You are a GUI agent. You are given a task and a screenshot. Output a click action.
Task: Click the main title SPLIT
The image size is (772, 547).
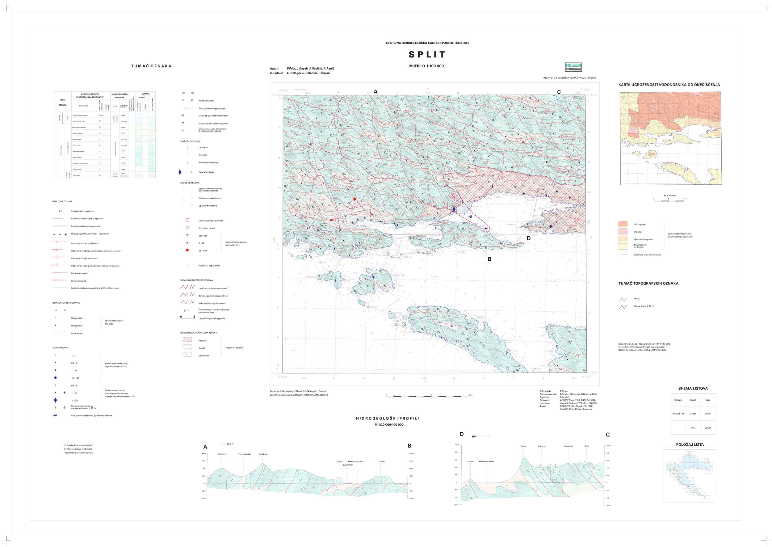[427, 55]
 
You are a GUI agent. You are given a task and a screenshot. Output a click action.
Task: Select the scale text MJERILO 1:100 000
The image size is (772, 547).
[426, 66]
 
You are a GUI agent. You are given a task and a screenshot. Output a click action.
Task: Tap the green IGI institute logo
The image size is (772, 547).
[573, 67]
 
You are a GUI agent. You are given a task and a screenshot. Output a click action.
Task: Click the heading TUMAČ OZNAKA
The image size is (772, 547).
[151, 66]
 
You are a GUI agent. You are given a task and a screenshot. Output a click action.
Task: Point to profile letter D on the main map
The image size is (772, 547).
[528, 238]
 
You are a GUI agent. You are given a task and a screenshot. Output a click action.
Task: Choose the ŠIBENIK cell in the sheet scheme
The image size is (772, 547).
[678, 400]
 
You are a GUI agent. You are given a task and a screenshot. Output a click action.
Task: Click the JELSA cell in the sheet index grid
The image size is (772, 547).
[708, 428]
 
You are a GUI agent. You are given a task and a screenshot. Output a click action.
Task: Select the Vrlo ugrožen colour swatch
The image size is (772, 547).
[623, 224]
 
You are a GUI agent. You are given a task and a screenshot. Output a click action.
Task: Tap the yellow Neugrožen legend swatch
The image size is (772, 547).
[623, 246]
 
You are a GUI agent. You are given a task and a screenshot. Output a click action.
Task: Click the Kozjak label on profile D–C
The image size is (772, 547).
[523, 446]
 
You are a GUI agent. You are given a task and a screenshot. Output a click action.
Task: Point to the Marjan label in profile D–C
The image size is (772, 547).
[470, 461]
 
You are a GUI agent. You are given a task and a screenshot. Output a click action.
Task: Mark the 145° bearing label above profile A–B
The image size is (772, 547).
[229, 444]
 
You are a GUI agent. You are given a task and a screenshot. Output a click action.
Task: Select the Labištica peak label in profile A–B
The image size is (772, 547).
[263, 454]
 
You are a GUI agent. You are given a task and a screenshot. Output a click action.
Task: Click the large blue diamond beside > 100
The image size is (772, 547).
[55, 400]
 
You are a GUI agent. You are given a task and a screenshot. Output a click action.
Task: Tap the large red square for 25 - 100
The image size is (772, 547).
[187, 250]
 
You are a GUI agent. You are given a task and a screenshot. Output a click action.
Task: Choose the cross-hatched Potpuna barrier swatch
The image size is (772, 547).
[187, 340]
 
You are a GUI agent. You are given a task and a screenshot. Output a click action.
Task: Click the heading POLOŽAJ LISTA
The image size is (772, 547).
[690, 444]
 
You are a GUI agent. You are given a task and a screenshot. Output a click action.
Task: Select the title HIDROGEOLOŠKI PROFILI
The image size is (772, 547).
[388, 418]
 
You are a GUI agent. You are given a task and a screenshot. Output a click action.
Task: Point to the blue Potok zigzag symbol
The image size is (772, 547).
[623, 299]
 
